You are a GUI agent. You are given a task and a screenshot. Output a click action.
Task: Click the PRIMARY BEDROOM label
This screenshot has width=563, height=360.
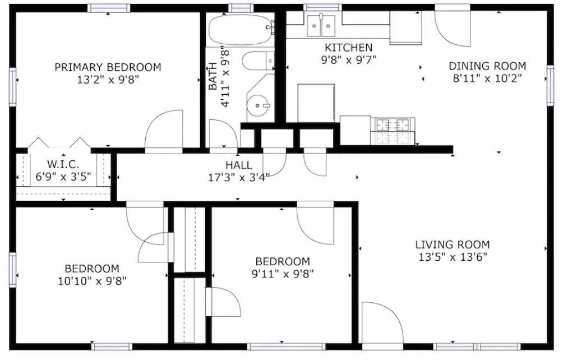[x=108, y=67]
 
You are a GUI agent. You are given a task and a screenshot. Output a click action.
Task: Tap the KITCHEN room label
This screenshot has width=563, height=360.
[x=348, y=47]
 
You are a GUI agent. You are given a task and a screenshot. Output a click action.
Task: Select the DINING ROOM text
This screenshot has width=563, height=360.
[x=487, y=66]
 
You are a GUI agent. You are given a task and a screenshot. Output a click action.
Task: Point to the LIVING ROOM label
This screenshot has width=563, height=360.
[x=453, y=245]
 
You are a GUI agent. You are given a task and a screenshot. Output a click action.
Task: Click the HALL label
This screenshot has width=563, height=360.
[x=239, y=165]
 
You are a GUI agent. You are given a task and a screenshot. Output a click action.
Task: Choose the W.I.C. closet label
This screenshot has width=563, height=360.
[x=63, y=164]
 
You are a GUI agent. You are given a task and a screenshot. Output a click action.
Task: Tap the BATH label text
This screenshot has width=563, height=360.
[x=213, y=76]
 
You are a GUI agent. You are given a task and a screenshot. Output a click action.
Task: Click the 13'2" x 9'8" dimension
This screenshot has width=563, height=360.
[x=108, y=79]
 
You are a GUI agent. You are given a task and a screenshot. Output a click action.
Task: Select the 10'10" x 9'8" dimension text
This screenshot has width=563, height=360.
[x=93, y=281]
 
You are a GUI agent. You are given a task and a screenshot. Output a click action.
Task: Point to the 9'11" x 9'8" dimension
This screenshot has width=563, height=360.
[x=283, y=274]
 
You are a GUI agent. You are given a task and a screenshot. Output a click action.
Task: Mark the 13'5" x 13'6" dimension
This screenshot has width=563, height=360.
[x=453, y=257]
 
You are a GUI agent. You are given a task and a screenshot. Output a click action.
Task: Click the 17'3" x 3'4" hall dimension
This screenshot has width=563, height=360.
[x=239, y=177]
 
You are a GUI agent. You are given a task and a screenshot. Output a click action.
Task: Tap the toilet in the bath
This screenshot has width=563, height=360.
[x=258, y=61]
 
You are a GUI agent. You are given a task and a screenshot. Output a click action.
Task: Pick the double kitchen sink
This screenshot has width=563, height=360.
[x=321, y=25]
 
